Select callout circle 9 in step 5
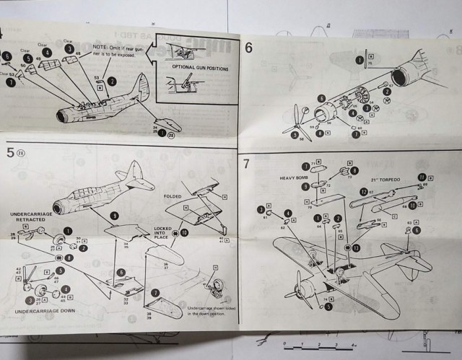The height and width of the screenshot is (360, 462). (114, 216)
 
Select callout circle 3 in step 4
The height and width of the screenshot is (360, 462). (69, 49)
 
